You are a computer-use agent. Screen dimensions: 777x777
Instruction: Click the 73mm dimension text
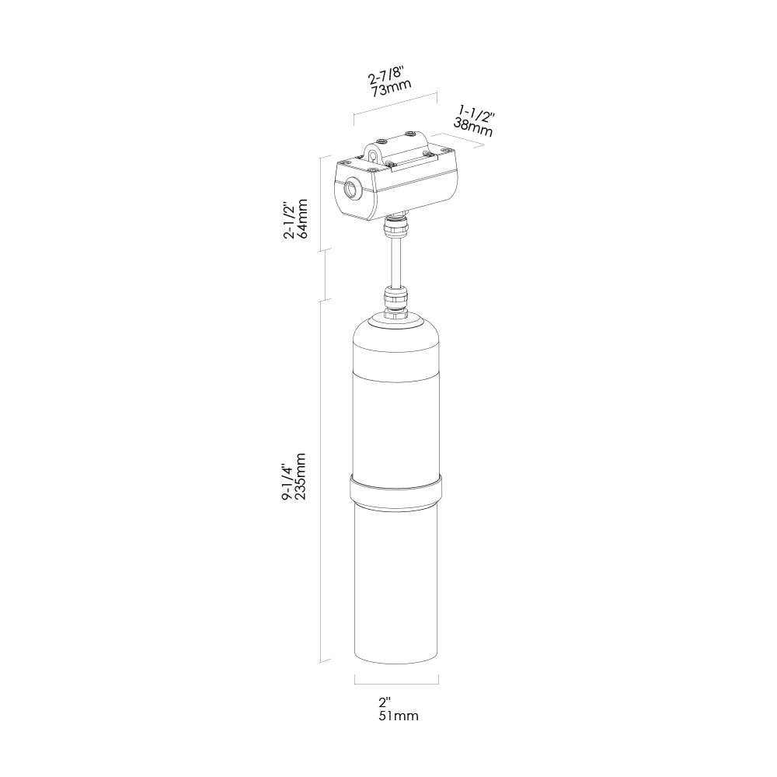[392, 89]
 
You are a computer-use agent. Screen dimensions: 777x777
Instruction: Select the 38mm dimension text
[473, 127]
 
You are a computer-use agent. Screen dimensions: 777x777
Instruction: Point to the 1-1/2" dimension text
[477, 115]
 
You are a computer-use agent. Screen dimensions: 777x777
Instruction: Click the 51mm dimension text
[399, 716]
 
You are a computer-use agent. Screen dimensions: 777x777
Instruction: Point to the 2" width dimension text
[385, 702]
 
